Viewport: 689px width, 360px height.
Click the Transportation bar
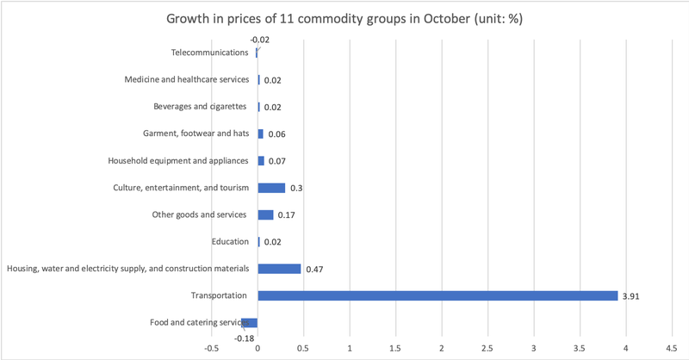(438, 295)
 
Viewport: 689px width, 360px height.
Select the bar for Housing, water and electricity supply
(279, 269)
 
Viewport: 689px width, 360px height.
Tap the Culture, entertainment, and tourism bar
(271, 188)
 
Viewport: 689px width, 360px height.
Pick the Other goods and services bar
(265, 214)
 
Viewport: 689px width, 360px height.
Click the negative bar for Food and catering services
(250, 323)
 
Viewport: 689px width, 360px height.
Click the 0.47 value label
(314, 270)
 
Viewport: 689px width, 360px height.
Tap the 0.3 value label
(295, 189)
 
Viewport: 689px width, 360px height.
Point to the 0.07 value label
(276, 161)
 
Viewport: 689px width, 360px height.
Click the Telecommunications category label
(210, 53)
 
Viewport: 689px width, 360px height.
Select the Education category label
(229, 241)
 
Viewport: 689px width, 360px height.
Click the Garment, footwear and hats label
(196, 133)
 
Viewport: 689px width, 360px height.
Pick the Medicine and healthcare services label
(186, 79)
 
